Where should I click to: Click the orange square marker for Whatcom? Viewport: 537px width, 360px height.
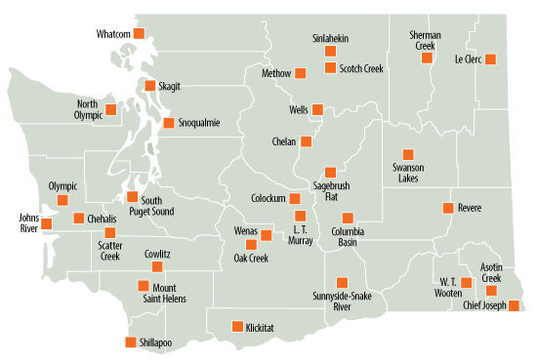(x=138, y=34)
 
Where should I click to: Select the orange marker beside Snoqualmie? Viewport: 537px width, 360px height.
(x=169, y=123)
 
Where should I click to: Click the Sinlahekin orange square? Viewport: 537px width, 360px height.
(x=330, y=51)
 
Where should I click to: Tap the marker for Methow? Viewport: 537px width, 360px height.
(x=301, y=71)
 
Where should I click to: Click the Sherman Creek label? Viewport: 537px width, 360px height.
(x=426, y=40)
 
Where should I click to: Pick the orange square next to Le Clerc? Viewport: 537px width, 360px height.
(x=490, y=59)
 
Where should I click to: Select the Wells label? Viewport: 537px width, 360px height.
(x=299, y=110)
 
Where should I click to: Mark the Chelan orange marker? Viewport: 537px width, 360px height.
(x=307, y=140)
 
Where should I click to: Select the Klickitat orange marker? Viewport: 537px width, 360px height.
(x=235, y=326)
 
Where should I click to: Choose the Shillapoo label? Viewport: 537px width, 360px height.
(x=155, y=342)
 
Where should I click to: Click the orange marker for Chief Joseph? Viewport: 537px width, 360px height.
(x=515, y=305)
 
